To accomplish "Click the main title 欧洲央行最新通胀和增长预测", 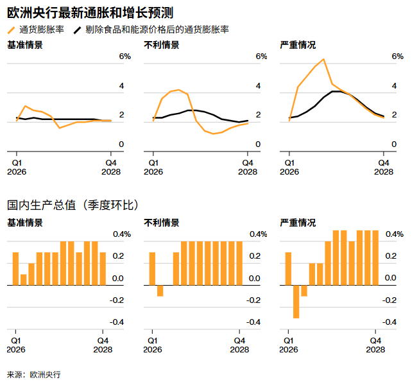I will pyautogui.click(x=89, y=12).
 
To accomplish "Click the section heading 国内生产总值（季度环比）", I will pyautogui.click(x=73, y=205).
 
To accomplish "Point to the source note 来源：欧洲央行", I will pyautogui.click(x=33, y=374).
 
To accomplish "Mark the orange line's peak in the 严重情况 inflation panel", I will pyautogui.click(x=323, y=60).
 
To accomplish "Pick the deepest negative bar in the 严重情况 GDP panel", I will pyautogui.click(x=296, y=301).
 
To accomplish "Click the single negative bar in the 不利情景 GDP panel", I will pyautogui.click(x=160, y=290).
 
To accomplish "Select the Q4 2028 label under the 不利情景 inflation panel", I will pyautogui.click(x=248, y=167).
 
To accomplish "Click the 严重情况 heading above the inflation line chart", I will pyautogui.click(x=298, y=45).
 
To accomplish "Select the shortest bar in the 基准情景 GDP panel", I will pyautogui.click(x=24, y=279).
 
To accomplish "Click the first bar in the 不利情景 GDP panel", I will pyautogui.click(x=152, y=268).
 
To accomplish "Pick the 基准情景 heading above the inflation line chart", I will pyautogui.click(x=25, y=45).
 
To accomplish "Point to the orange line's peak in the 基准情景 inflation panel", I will pyautogui.click(x=25, y=106).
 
